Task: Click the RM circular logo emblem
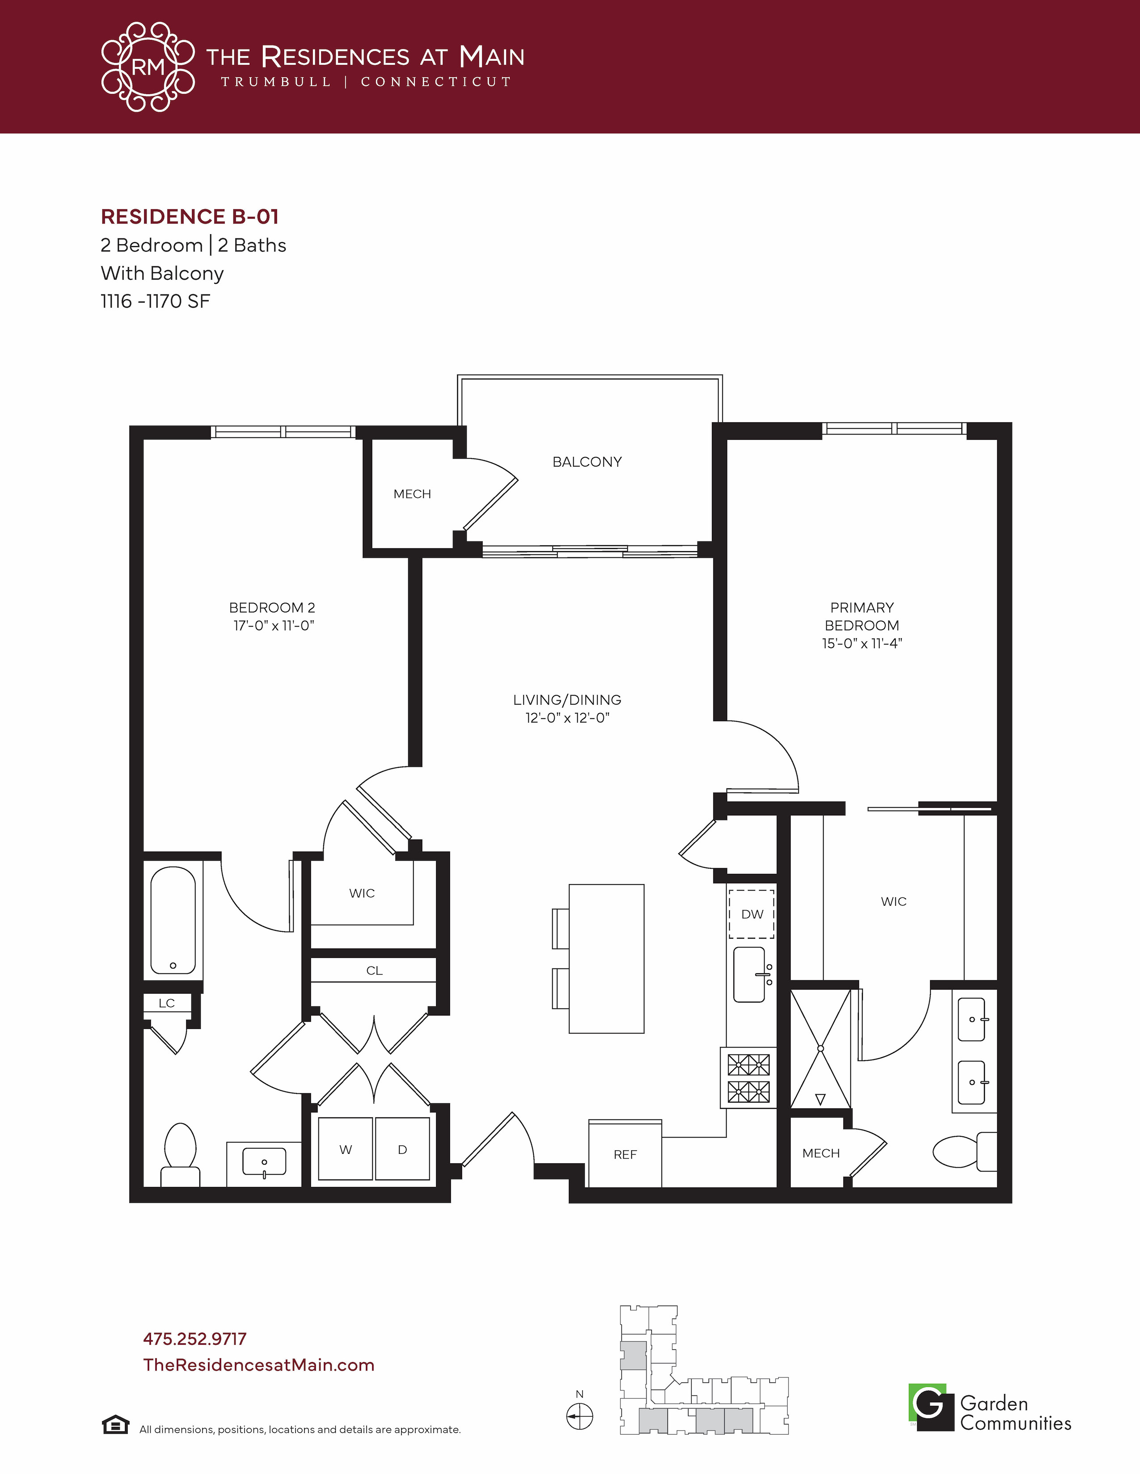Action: click(x=148, y=67)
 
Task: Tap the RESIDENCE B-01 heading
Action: click(x=190, y=217)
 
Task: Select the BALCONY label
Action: click(x=587, y=462)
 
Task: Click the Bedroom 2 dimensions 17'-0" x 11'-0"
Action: click(x=274, y=626)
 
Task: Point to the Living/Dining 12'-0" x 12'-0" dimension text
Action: click(x=567, y=718)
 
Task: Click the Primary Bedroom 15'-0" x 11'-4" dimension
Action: click(x=862, y=644)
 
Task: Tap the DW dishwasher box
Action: click(x=752, y=914)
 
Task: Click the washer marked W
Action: click(x=345, y=1149)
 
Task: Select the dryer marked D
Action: click(x=402, y=1149)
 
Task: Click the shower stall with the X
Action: click(x=820, y=1049)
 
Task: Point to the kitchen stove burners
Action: click(x=748, y=1078)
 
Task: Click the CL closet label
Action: click(x=374, y=971)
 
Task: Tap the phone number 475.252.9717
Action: click(x=195, y=1339)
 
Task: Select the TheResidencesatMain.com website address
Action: click(x=259, y=1365)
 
